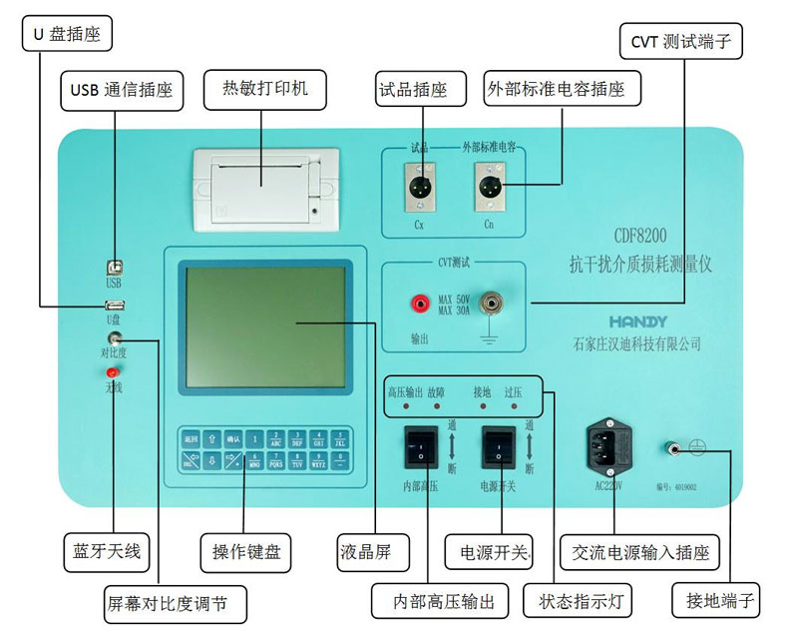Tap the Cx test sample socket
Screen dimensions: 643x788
tap(419, 187)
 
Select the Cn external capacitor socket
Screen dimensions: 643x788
tap(489, 187)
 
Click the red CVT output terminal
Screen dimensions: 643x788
tap(421, 300)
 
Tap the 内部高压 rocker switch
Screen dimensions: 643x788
tap(420, 446)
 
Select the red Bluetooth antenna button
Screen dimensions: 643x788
tap(113, 372)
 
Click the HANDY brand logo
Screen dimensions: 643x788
tap(639, 321)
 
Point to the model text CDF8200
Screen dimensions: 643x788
tap(639, 238)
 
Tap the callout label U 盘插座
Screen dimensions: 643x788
tap(68, 35)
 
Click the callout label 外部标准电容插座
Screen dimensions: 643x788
tap(562, 89)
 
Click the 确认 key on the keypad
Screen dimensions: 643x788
tap(233, 437)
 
